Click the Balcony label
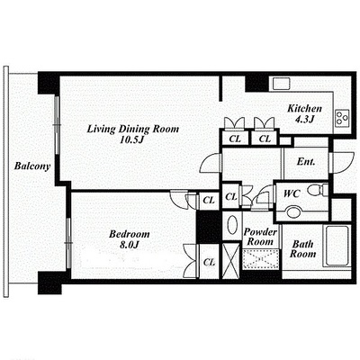click(32, 166)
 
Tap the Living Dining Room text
click(133, 130)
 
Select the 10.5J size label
click(130, 139)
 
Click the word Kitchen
click(304, 109)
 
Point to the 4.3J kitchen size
click(304, 119)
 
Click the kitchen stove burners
click(342, 117)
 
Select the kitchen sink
click(281, 84)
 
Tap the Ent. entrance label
click(306, 162)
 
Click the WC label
click(292, 193)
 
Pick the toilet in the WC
click(318, 190)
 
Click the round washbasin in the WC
click(293, 211)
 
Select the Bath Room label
click(302, 249)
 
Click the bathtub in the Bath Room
click(337, 246)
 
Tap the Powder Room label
click(260, 237)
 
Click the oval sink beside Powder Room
click(232, 225)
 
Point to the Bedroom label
click(130, 234)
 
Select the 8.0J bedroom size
click(130, 245)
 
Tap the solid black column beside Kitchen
click(256, 84)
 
